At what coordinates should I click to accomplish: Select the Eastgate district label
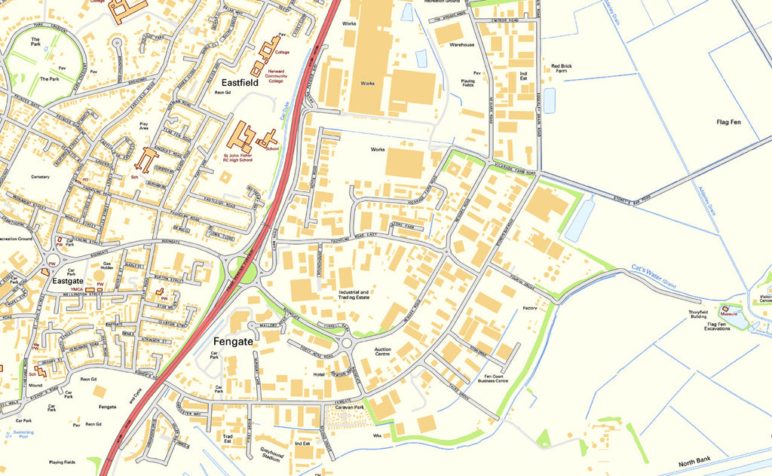[67, 280]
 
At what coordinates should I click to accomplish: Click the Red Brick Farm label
[562, 69]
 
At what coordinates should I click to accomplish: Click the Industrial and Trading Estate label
[353, 294]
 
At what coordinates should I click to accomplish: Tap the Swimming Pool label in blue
[23, 435]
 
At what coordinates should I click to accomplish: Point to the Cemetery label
[40, 177]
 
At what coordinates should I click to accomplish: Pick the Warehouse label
[462, 45]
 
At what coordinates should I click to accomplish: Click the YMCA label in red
[77, 289]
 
